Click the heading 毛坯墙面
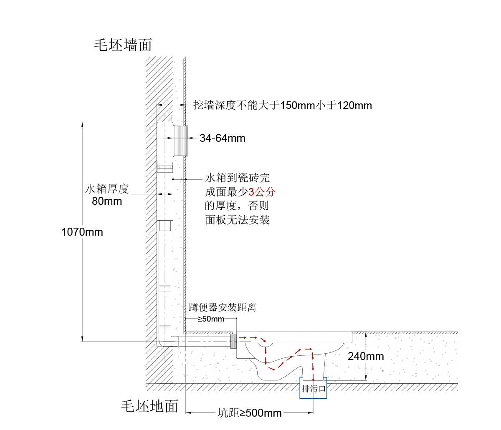(x=123, y=45)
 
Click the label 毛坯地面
(x=149, y=406)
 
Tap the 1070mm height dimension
(x=82, y=232)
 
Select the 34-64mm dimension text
(x=222, y=138)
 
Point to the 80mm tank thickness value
(x=107, y=201)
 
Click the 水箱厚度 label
(x=107, y=189)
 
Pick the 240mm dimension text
(x=366, y=356)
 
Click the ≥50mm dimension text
(x=211, y=319)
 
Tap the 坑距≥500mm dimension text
(x=250, y=413)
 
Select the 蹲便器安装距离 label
(x=222, y=307)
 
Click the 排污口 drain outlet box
(x=314, y=389)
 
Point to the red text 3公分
(x=262, y=192)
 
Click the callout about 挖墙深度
(x=282, y=105)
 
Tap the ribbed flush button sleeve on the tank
(x=180, y=141)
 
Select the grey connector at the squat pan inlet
(x=233, y=341)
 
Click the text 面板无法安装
(x=237, y=220)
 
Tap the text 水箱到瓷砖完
(x=237, y=178)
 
